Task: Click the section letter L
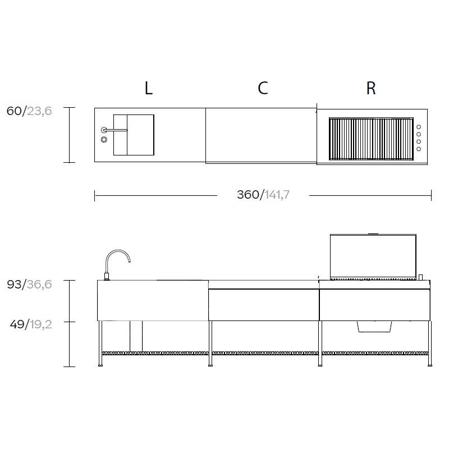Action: click(x=148, y=88)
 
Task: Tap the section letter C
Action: click(x=263, y=88)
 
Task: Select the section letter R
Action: click(x=371, y=88)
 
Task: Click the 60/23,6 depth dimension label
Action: click(x=29, y=111)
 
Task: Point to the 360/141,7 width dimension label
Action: click(x=263, y=195)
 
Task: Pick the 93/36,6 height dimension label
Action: click(x=29, y=285)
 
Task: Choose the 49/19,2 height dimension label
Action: click(x=31, y=324)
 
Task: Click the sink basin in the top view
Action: click(x=134, y=135)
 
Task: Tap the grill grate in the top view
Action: click(x=371, y=139)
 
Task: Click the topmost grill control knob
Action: click(x=419, y=127)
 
